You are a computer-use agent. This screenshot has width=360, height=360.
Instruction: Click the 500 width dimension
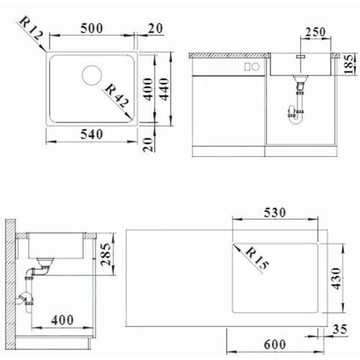tap(91, 28)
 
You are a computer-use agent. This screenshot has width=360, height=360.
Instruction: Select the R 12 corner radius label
tap(31, 28)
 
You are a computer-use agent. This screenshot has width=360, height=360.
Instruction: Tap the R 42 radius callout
tap(117, 95)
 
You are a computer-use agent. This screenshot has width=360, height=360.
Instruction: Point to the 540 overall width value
tap(91, 135)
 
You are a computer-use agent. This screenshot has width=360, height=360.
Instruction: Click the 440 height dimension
tap(165, 89)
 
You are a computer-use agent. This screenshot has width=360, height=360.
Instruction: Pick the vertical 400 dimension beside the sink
tap(148, 89)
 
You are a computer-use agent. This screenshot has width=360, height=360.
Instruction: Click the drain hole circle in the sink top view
tap(91, 75)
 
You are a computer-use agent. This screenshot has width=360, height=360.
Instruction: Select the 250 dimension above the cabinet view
tap(315, 32)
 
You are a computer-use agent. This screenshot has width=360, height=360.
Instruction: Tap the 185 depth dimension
tap(349, 64)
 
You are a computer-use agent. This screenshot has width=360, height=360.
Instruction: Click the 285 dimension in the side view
tap(106, 254)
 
